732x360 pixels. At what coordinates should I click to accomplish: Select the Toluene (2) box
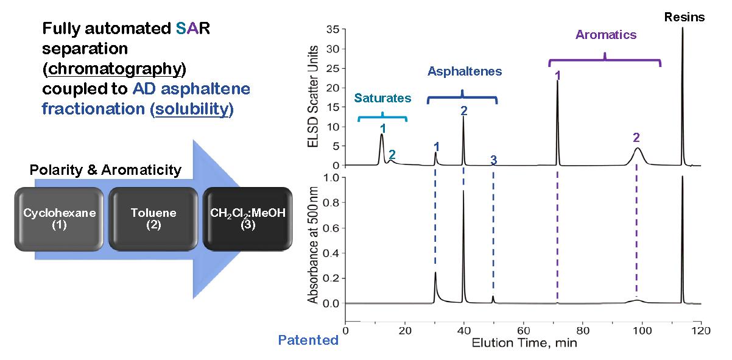click(x=153, y=219)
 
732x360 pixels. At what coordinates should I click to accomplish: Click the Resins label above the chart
click(x=684, y=17)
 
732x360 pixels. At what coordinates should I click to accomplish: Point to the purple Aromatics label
click(x=605, y=35)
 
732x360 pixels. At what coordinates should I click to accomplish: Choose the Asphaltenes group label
click(x=465, y=71)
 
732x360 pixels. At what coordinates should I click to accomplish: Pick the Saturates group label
click(x=382, y=98)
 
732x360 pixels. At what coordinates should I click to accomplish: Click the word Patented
click(x=308, y=340)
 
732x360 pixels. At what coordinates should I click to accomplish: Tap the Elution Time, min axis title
click(x=524, y=342)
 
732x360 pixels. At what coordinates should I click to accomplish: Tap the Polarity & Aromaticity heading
click(x=105, y=170)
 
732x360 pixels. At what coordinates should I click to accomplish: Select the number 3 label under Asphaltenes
click(x=494, y=160)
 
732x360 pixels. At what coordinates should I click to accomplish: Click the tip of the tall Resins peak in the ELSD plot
click(x=683, y=28)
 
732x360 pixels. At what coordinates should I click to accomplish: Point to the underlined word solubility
click(x=192, y=110)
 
